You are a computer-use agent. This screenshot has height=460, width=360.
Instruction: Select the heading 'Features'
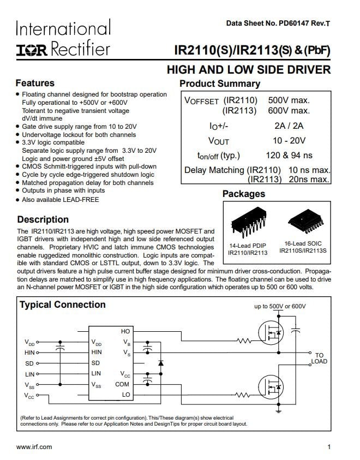[x=35, y=83]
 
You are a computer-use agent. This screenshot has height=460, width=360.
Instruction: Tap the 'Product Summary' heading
[x=219, y=83]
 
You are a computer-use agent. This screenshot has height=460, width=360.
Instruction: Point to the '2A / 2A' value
[x=289, y=126]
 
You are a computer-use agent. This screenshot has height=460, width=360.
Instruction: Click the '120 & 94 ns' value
[x=289, y=155]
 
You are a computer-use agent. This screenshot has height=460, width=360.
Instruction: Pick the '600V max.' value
[x=289, y=111]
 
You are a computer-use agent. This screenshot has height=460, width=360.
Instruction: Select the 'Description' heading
[x=43, y=219]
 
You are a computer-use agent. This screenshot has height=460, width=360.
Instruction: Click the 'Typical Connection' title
[x=63, y=304]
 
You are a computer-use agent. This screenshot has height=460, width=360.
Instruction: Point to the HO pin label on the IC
[x=125, y=331]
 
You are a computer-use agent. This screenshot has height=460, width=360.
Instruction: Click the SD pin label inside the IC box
[x=95, y=363]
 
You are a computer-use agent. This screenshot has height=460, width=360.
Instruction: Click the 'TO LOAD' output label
[x=319, y=359]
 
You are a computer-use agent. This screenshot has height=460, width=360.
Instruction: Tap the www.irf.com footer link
[x=34, y=447]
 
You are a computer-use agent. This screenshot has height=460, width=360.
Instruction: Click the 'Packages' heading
[x=243, y=194]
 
